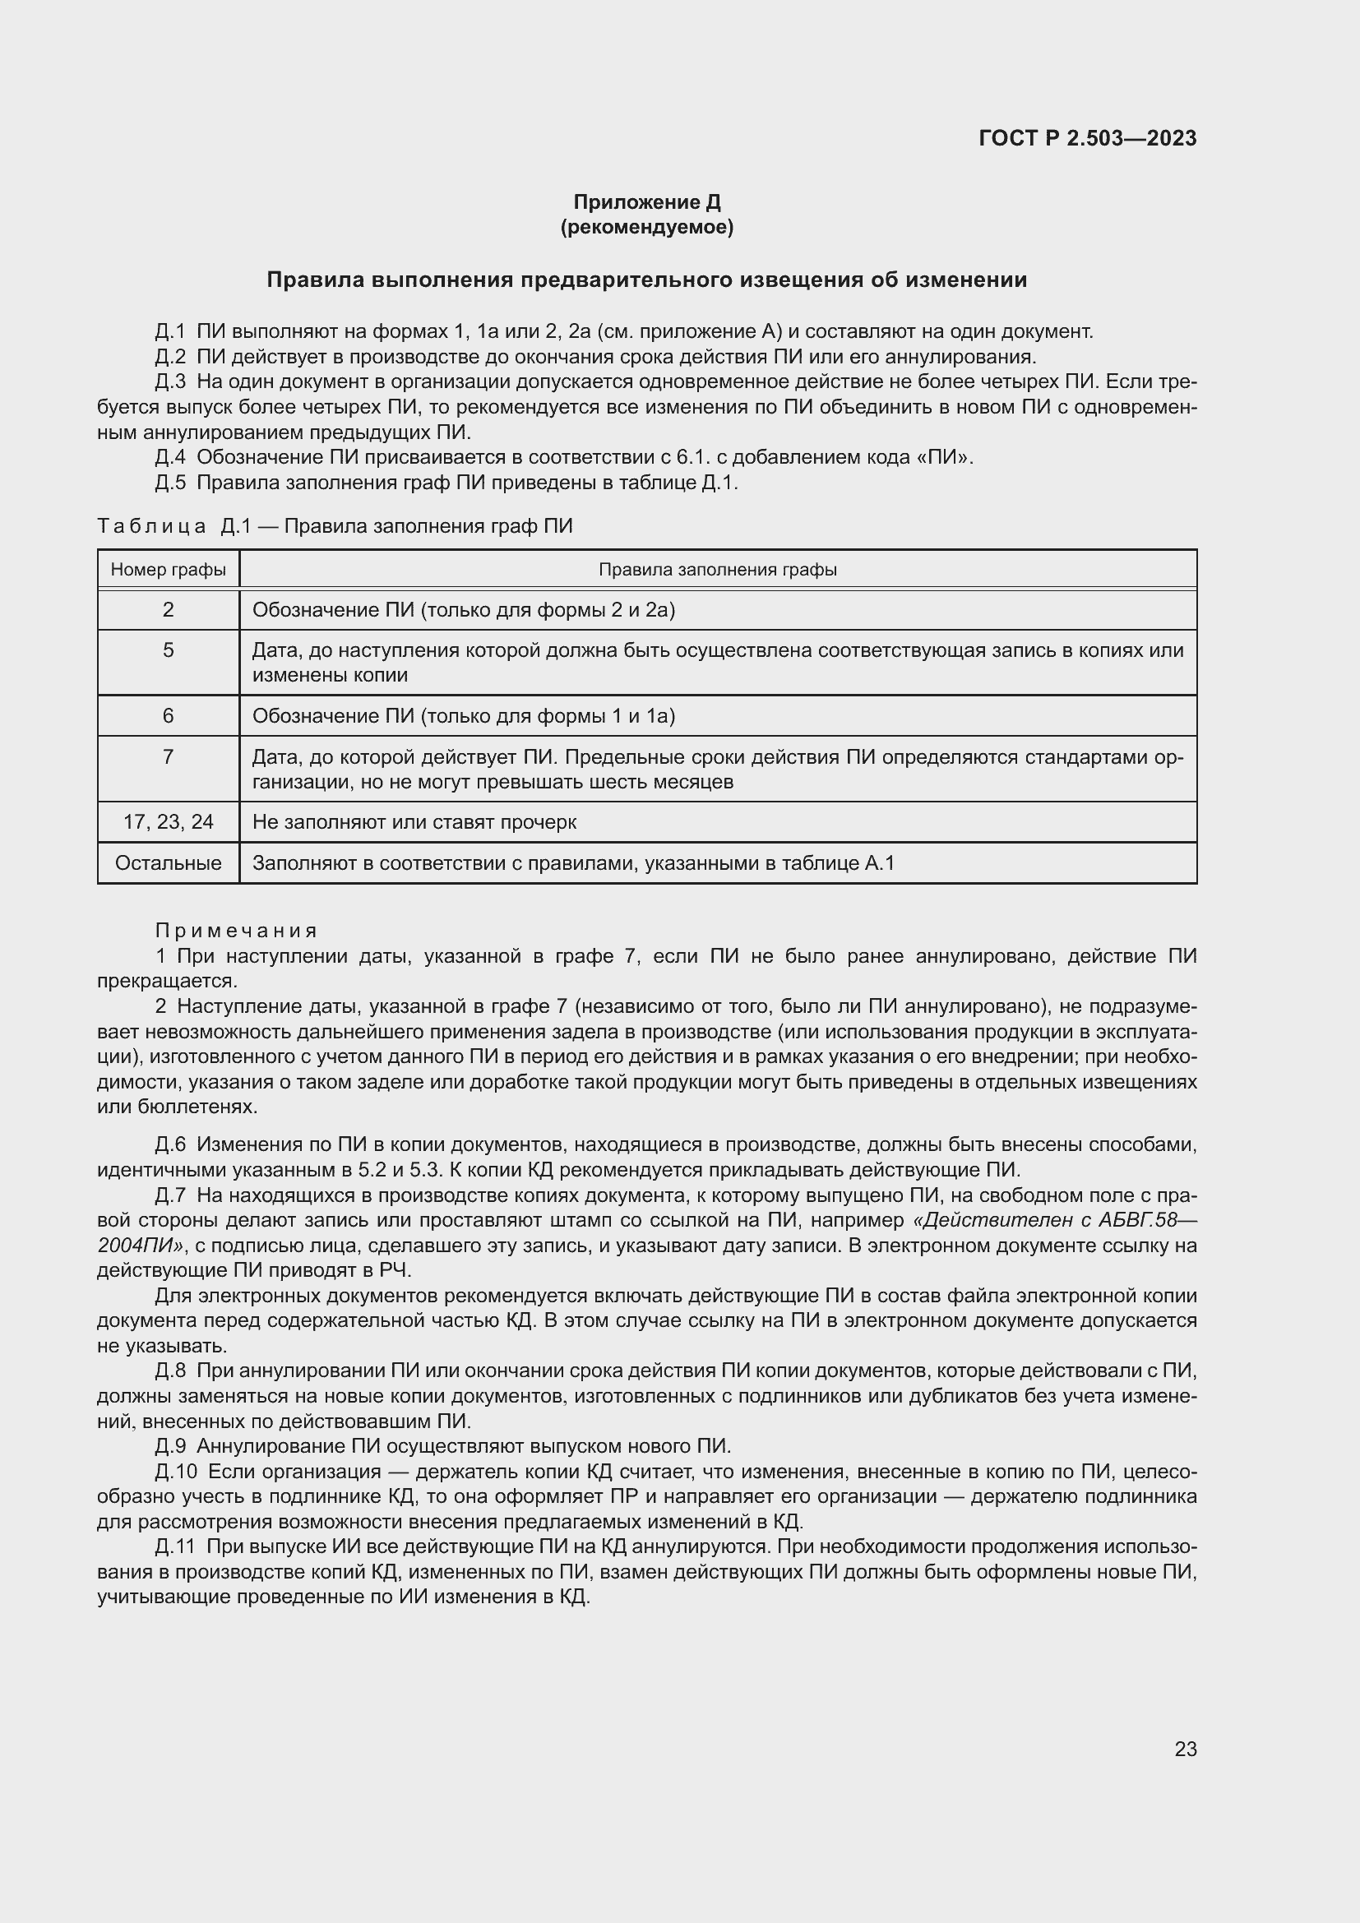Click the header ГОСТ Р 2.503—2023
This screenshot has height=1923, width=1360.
click(1087, 138)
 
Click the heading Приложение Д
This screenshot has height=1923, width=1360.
click(646, 202)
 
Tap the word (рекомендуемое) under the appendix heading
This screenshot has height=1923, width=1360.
click(646, 227)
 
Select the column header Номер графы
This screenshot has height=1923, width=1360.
click(169, 570)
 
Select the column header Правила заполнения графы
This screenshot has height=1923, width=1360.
click(718, 570)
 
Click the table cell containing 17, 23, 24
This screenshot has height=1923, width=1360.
click(169, 821)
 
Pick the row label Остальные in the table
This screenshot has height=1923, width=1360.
click(169, 862)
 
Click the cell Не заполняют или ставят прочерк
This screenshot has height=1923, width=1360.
click(414, 821)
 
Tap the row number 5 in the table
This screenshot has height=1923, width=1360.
click(169, 650)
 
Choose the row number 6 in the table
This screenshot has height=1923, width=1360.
click(169, 715)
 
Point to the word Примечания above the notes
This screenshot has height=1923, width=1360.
click(236, 931)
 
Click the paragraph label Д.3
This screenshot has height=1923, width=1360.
click(170, 382)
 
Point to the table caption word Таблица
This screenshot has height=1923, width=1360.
click(151, 526)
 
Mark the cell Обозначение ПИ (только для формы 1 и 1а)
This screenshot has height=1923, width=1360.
click(463, 715)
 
